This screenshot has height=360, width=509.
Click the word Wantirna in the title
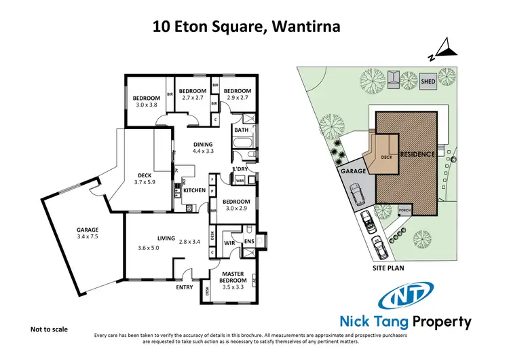(302, 27)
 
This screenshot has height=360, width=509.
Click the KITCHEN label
(194, 191)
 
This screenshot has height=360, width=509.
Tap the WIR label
(229, 241)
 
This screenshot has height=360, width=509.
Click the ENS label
(249, 241)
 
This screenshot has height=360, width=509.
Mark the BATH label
(241, 130)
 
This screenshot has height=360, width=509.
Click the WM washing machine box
(240, 181)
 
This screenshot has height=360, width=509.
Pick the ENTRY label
(184, 287)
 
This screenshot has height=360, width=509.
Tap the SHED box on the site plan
(428, 80)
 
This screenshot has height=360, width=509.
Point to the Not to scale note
(50, 329)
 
